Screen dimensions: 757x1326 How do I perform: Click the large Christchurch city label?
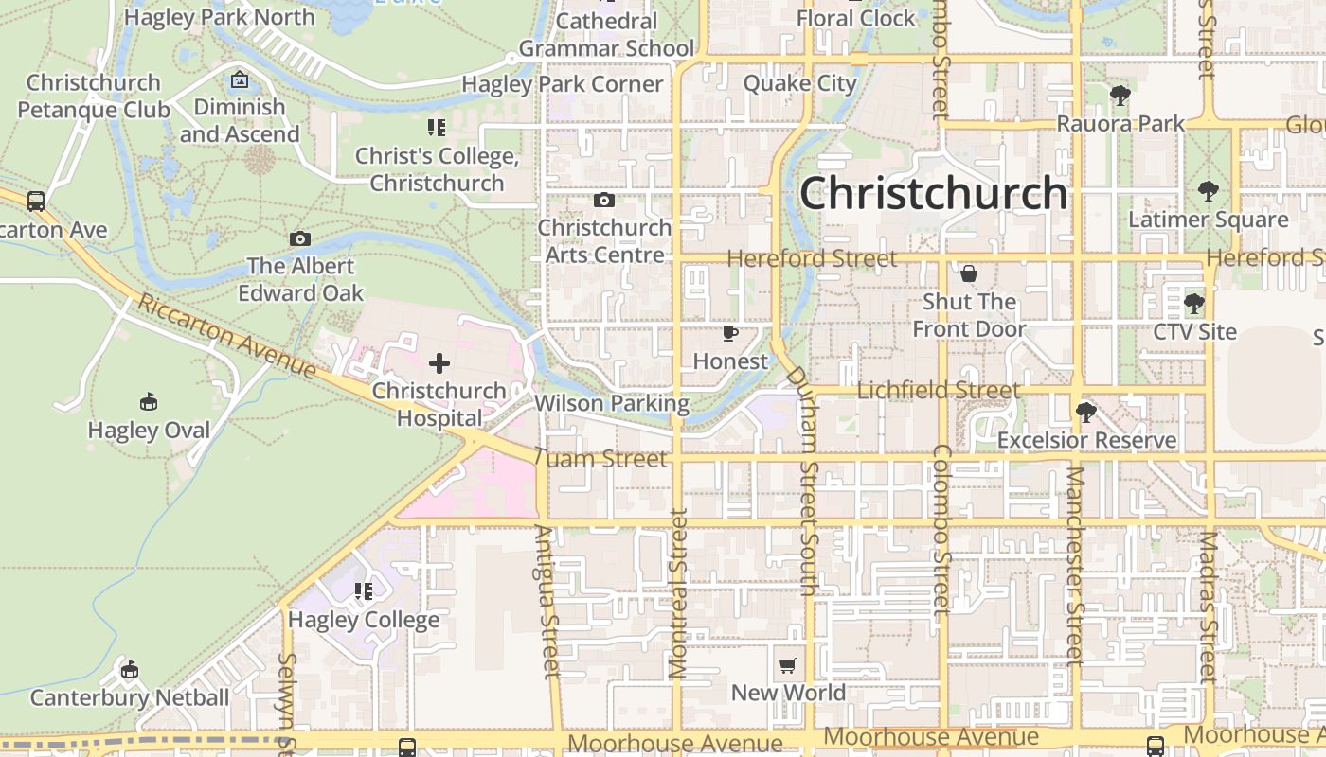(x=934, y=193)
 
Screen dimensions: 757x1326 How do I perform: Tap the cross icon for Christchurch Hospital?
(x=439, y=362)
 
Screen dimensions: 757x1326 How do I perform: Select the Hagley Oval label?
(x=149, y=431)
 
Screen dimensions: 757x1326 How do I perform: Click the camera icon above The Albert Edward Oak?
(x=300, y=239)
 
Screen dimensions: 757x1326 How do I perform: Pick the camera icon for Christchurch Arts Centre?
(x=603, y=201)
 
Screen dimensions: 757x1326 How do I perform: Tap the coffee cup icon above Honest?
(x=730, y=334)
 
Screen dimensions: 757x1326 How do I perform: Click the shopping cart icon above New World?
(x=788, y=666)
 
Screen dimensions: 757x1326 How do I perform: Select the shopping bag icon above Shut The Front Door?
(x=969, y=274)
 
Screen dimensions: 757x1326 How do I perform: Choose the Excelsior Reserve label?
(x=1086, y=440)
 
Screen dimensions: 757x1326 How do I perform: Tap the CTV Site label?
(x=1194, y=332)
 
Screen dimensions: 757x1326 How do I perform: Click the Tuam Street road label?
(x=600, y=459)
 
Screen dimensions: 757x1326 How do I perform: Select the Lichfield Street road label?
(x=939, y=390)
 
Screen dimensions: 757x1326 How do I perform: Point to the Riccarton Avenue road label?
(x=226, y=335)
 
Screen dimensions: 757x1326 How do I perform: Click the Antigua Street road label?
(x=547, y=602)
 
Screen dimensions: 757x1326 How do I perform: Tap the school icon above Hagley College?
(x=364, y=592)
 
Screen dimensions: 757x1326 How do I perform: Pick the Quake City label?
(x=799, y=83)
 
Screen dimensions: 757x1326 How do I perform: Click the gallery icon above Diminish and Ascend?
(x=240, y=79)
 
